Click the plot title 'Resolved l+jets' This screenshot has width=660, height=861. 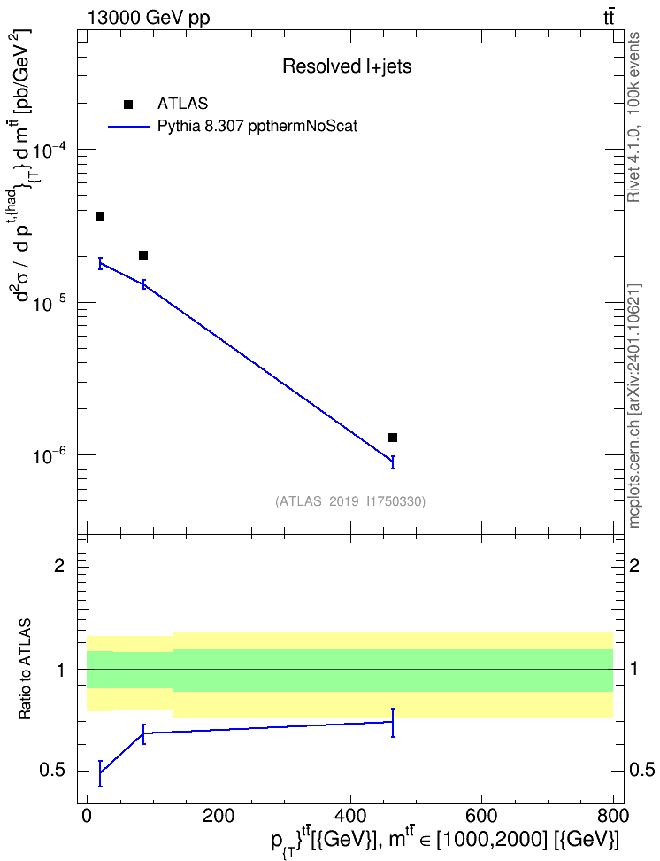click(347, 66)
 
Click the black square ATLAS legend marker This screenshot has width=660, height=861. click(128, 104)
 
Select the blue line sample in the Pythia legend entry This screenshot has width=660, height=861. click(129, 127)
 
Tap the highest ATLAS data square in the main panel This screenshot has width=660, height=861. click(100, 216)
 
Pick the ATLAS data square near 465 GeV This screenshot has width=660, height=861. click(393, 438)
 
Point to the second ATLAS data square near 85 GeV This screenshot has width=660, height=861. click(143, 255)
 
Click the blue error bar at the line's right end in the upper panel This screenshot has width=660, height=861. click(393, 462)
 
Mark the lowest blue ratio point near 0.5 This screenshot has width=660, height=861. click(100, 773)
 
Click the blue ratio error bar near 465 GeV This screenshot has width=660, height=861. click(393, 722)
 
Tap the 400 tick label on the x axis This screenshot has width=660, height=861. click(349, 816)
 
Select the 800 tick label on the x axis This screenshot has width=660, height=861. click(612, 816)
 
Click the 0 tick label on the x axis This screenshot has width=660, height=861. click(87, 816)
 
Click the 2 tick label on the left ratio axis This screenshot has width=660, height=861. click(60, 565)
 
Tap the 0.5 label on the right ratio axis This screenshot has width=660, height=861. click(641, 770)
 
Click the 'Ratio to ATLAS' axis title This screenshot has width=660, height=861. click(25, 670)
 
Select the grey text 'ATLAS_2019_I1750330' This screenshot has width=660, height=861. click(350, 501)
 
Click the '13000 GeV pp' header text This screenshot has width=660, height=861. click(148, 18)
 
